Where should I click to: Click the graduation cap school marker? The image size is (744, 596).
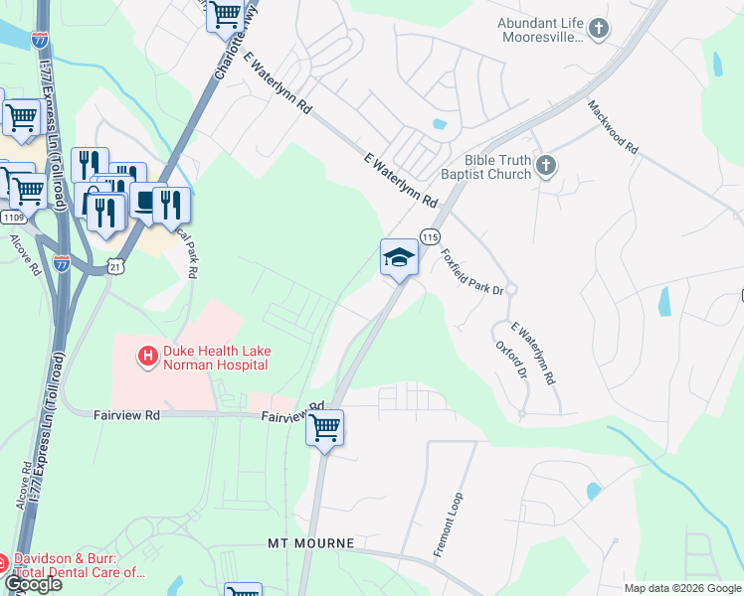pyautogui.click(x=399, y=257)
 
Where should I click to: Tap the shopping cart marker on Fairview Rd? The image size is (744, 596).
pyautogui.click(x=324, y=428)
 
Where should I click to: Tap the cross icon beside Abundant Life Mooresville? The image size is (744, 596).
pyautogui.click(x=599, y=29)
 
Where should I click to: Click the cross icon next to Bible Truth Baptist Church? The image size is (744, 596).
pyautogui.click(x=545, y=166)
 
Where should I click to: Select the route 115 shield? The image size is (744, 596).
pyautogui.click(x=430, y=236)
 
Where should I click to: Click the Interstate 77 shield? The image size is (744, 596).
pyautogui.click(x=62, y=263)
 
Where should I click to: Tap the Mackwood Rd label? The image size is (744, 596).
pyautogui.click(x=612, y=125)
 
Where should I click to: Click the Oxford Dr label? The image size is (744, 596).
pyautogui.click(x=511, y=362)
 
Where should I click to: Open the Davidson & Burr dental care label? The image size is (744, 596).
pyautogui.click(x=80, y=566)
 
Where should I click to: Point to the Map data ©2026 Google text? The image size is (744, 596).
pyautogui.click(x=681, y=588)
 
